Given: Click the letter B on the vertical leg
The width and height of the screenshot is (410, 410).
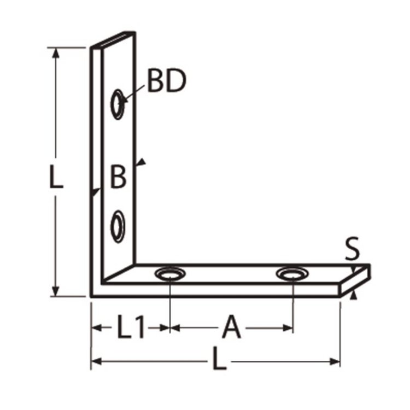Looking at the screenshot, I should pos(118,177).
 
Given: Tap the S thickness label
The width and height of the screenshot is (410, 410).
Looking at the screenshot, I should pos(352,250).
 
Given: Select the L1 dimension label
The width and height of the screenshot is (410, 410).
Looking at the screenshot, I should pos(130,329).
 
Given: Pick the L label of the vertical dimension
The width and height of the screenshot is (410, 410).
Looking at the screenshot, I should pos(55,178).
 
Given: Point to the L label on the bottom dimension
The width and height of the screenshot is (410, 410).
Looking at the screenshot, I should pos(219,361).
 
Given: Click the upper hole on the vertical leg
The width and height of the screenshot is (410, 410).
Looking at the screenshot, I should pos(117,103).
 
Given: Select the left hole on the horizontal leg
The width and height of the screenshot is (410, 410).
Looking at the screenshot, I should pos(170,273).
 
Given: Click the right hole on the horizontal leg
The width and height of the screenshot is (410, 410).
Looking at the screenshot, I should pos(291,273).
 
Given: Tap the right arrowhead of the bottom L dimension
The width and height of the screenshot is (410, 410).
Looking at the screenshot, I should pos(335,361).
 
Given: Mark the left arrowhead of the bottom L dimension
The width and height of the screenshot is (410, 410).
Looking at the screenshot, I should pos(96,361).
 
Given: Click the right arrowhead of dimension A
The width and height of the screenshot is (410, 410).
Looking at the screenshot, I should pos(288,329).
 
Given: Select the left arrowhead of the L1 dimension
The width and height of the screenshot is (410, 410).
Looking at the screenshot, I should pos(96,329).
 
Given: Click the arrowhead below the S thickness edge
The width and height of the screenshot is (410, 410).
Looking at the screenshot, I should pos(354,295).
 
